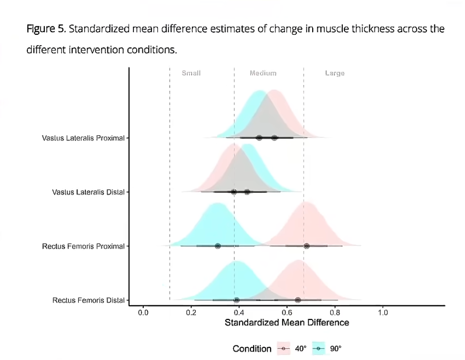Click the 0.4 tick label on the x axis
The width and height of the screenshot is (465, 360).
pos(239,312)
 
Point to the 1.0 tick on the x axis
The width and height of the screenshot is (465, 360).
pos(382,312)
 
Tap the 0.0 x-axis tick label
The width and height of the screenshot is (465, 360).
pos(143,312)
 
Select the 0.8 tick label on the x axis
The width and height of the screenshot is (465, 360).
pos(334,312)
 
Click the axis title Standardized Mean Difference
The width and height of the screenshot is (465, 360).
pos(287,323)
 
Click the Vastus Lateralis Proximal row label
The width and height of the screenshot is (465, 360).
pos(83,138)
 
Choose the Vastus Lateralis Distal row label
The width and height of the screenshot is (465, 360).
pos(88,192)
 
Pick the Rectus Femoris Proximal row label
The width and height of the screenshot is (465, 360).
pos(83,246)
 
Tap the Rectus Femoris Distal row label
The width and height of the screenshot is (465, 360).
pos(88,300)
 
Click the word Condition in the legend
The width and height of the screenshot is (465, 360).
pos(252,349)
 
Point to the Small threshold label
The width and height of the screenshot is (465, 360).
pos(191,73)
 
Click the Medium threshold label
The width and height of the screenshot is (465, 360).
pos(263,73)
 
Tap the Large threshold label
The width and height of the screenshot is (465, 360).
pos(335,73)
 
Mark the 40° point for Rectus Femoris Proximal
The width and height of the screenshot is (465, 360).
pos(307,246)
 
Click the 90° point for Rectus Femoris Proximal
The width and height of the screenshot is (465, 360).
pos(217,246)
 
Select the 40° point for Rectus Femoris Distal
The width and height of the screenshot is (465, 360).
pos(298,300)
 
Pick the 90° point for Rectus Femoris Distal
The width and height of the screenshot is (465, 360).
pos(236,300)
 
